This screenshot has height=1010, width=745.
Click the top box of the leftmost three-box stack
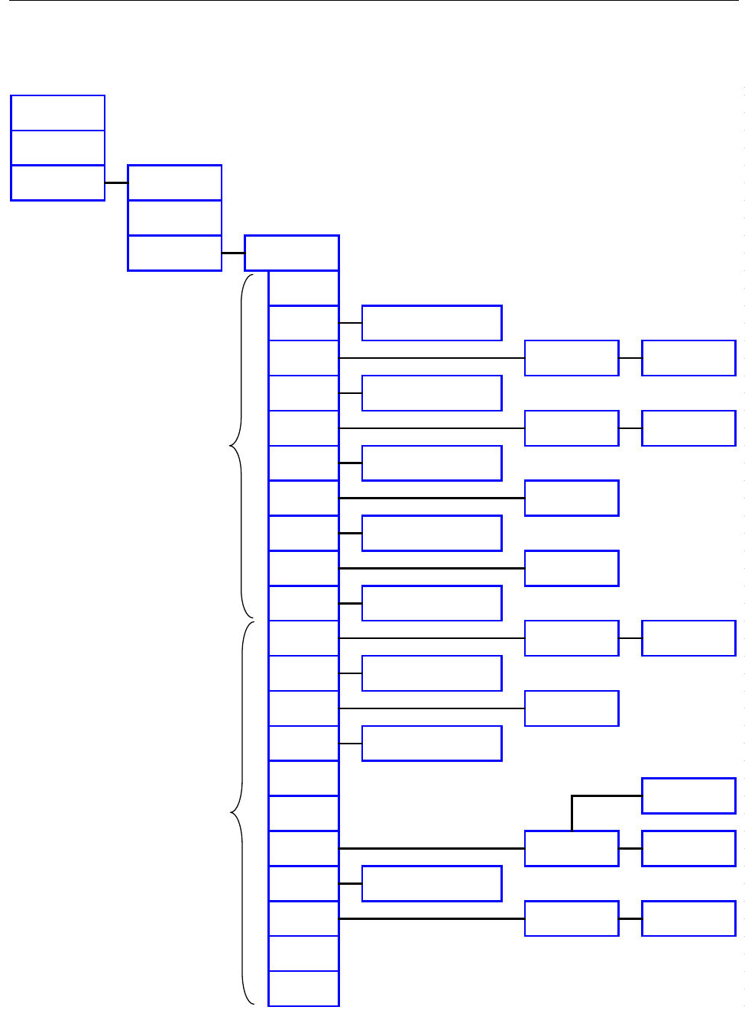point(58,113)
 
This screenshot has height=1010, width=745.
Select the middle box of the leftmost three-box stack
point(58,148)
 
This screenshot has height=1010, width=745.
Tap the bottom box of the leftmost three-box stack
point(58,183)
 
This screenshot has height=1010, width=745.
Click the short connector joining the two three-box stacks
point(116,183)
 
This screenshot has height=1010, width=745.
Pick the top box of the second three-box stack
point(175,183)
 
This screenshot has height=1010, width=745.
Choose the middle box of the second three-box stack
point(175,218)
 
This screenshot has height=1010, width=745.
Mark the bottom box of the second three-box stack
point(175,253)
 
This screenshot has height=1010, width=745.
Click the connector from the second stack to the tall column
point(233,253)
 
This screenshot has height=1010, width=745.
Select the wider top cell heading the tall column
point(292,253)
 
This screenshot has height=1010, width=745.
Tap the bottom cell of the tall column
point(304,989)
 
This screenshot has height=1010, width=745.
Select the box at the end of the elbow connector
point(688,795)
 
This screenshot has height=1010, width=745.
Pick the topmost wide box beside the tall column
point(432,323)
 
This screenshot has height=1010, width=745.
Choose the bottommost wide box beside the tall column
point(432,883)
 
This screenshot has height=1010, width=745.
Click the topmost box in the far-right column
point(688,358)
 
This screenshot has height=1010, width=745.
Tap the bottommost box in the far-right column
point(688,918)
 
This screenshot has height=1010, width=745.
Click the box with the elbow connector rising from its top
point(572,848)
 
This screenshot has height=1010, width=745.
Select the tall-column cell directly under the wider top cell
point(304,289)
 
